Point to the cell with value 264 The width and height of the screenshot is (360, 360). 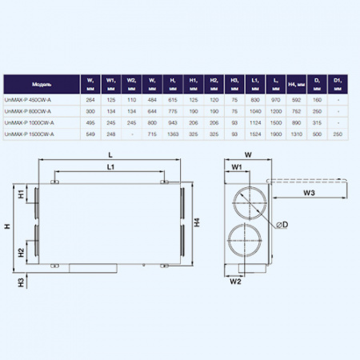click(91, 99)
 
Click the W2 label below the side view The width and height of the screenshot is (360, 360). click(236, 282)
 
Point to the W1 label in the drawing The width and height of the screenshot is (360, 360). click(238, 166)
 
